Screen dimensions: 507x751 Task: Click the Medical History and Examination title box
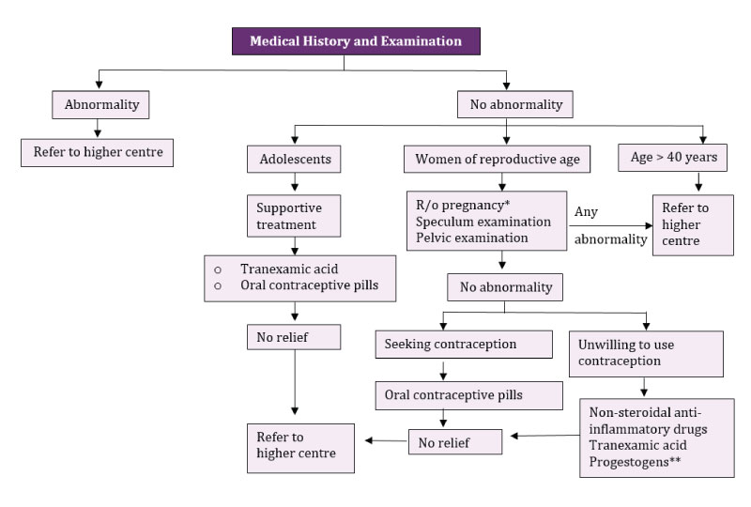[356, 41]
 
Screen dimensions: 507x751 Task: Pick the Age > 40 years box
[674, 158]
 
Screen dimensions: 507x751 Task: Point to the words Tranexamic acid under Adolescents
[284, 268]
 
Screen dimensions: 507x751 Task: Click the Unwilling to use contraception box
[646, 353]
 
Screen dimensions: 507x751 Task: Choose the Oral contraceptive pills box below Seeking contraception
[455, 395]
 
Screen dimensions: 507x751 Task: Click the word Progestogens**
[635, 463]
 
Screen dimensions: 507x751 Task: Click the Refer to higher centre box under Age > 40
[694, 224]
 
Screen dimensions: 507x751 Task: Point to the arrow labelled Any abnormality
[610, 226]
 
